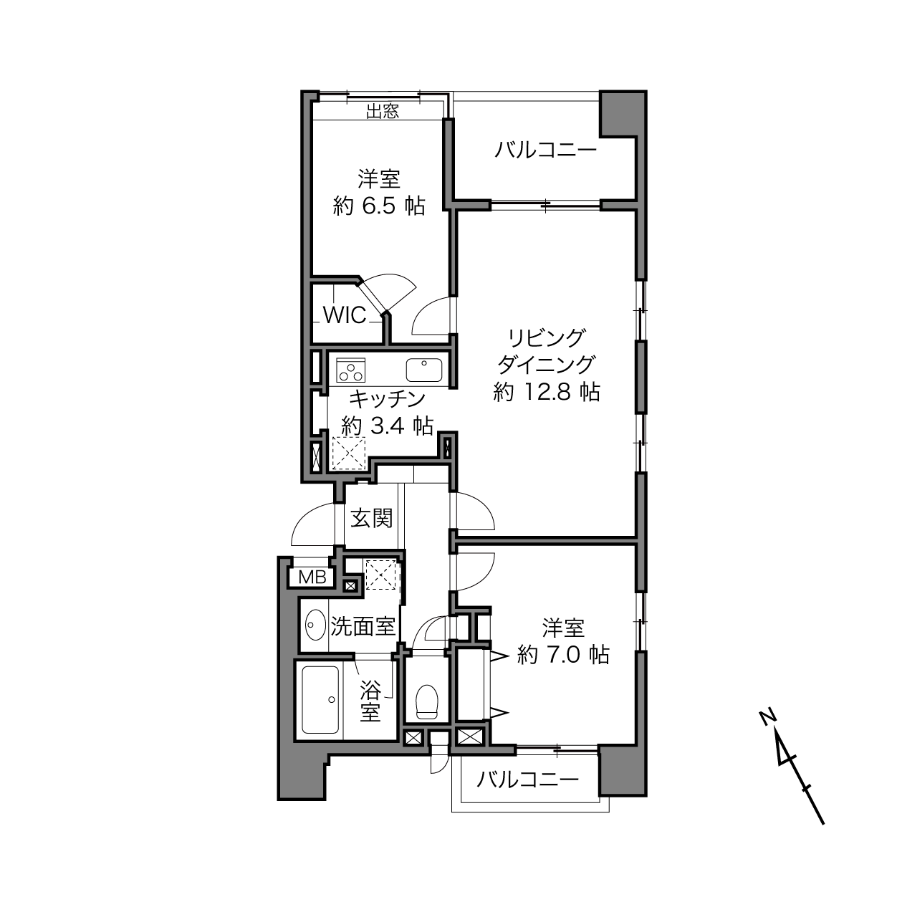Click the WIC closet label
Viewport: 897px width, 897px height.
tap(345, 316)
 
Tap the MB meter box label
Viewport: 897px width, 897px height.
tap(312, 577)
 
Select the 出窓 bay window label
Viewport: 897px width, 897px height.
tap(383, 111)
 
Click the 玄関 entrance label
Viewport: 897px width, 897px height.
tap(371, 518)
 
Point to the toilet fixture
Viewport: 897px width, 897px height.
tap(427, 702)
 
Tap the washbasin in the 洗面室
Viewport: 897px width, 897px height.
tap(316, 625)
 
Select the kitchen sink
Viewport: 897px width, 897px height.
tap(423, 370)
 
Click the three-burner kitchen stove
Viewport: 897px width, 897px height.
tap(350, 370)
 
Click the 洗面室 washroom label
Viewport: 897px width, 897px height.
tap(363, 626)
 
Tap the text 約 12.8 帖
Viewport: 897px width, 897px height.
tap(547, 391)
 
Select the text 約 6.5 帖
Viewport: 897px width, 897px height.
tap(379, 206)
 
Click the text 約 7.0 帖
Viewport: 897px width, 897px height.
tap(563, 655)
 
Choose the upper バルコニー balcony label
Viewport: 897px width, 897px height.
tap(545, 151)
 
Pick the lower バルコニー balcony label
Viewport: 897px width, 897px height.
tap(527, 780)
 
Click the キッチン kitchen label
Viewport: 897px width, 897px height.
tap(388, 398)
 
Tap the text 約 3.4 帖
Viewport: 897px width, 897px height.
tap(388, 425)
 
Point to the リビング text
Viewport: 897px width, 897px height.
tap(545, 338)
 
